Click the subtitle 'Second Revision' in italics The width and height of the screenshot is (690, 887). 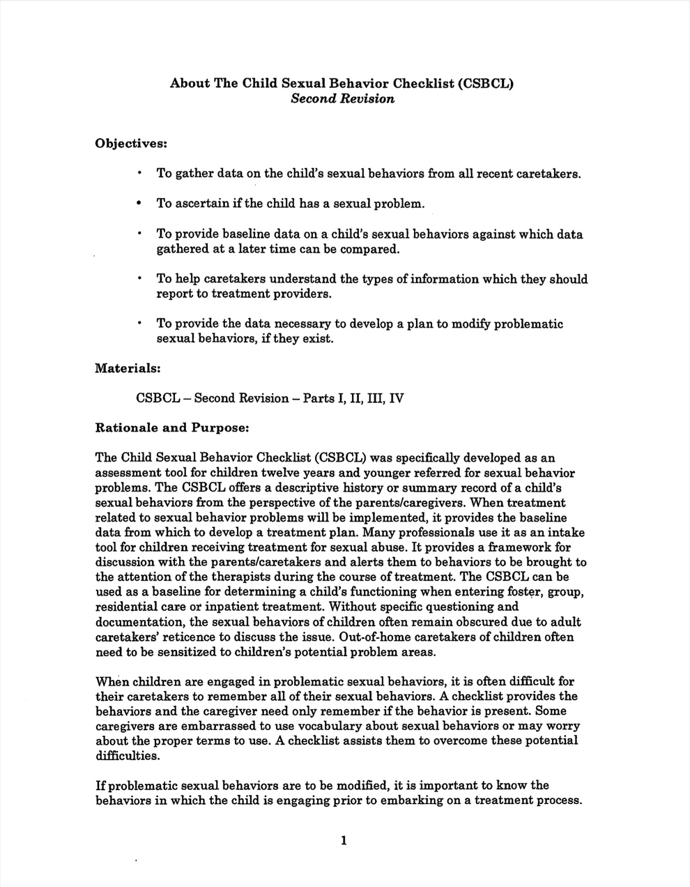(342, 98)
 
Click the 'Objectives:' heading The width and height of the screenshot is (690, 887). (131, 143)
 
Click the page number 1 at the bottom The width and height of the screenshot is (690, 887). (344, 840)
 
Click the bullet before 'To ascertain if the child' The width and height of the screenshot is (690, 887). (139, 204)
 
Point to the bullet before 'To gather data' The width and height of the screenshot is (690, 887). (139, 173)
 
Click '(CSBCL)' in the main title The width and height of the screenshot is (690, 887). (486, 83)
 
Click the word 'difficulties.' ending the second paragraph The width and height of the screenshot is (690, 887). (128, 755)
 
